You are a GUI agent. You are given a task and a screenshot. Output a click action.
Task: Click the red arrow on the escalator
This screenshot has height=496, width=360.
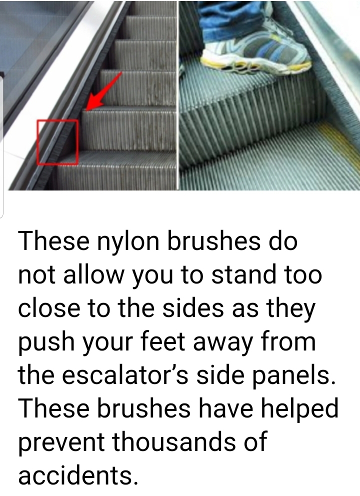pyautogui.click(x=103, y=92)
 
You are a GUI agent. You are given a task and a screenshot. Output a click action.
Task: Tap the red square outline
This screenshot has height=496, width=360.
pyautogui.click(x=37, y=142)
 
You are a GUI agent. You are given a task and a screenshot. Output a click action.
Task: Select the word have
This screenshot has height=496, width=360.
pyautogui.click(x=226, y=408)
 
